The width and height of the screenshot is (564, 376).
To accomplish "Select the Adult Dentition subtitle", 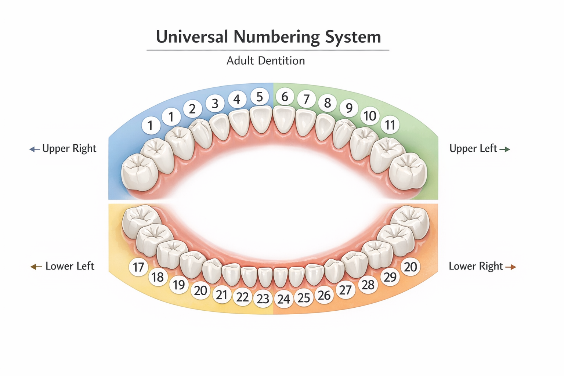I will point(265,61).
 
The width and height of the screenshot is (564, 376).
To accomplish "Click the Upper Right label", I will point(69,149).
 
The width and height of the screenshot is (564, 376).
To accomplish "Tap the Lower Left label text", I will point(70,266).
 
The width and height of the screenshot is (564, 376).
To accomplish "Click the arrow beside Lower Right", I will point(511,267).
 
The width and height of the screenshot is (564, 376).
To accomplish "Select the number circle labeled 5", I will point(260,97).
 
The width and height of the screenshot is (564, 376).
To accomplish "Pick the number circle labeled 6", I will point(285,97).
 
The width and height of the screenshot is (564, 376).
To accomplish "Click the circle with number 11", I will point(390,125).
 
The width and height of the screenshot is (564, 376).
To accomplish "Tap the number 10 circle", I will point(370,116).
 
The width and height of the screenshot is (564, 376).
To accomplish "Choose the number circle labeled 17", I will point(138,267).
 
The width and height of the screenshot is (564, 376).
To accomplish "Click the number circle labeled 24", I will point(283,299).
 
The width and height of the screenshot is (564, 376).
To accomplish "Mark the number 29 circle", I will point(390,277).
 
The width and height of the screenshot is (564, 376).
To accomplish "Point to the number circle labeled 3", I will point(215,104).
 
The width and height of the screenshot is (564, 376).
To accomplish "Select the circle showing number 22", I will point(242,297).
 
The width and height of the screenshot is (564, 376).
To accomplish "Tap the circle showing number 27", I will point(345,290).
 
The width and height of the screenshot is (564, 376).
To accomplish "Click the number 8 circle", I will point(328,103).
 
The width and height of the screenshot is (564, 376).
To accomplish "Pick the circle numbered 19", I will point(179,285).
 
